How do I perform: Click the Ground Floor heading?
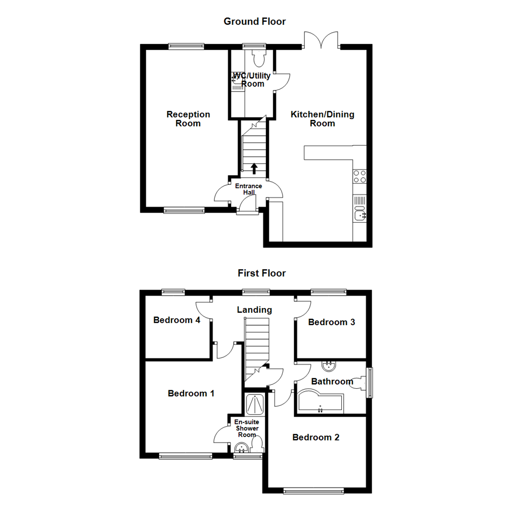click(255, 21)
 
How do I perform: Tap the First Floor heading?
click(262, 273)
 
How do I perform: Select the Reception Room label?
click(188, 119)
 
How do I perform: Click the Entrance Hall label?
click(248, 189)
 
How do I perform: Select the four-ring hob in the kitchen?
click(359, 176)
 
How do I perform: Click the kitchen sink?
click(359, 215)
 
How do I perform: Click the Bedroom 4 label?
click(177, 320)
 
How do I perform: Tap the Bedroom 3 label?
click(331, 322)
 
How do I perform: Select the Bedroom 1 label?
click(191, 393)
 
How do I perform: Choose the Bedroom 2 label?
click(316, 437)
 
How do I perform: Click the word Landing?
click(255, 310)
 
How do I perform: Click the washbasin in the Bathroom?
click(329, 366)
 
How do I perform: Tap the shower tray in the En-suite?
click(254, 404)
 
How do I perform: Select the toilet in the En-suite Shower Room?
click(257, 444)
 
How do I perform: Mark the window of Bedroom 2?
click(313, 491)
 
